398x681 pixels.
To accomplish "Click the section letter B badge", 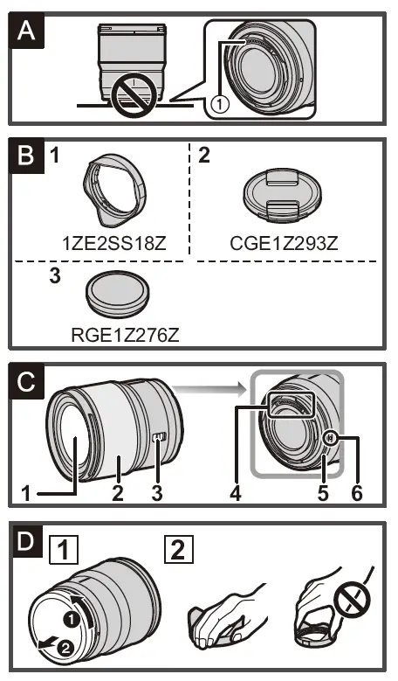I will [29, 159].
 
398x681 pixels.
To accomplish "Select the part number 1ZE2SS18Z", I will [114, 242].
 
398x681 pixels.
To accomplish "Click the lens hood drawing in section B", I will [114, 193].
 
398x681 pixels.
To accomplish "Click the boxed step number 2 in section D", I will [177, 551].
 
